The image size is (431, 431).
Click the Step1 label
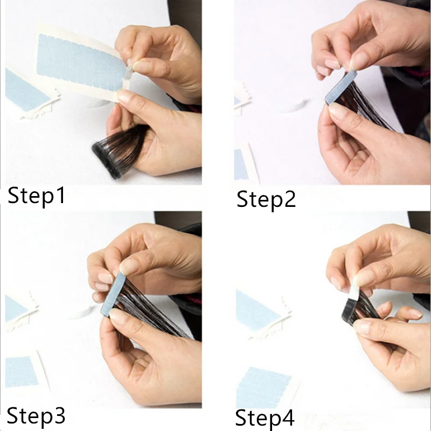(36, 196)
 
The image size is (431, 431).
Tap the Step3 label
(36, 415)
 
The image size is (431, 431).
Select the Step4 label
(266, 418)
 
